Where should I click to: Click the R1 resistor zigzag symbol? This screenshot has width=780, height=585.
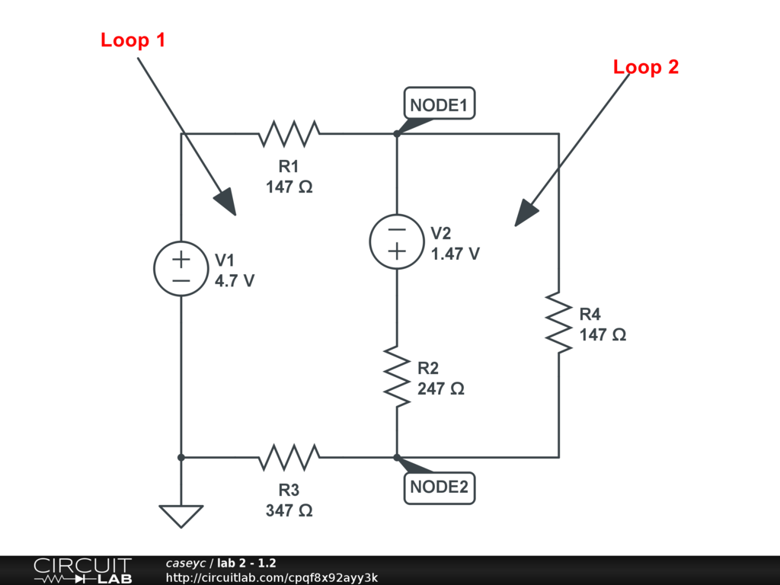[x=289, y=134]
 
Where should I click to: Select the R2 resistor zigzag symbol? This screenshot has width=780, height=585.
[x=397, y=375]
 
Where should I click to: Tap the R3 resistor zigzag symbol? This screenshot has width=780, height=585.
[x=289, y=458]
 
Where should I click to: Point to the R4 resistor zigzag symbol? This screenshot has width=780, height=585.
[x=559, y=320]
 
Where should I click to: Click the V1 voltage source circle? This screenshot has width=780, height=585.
[x=181, y=270]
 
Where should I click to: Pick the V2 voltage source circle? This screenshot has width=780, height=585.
[x=397, y=241]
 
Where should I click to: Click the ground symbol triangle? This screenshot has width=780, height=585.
[x=181, y=516]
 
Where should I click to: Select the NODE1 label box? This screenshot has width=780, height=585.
[x=439, y=105]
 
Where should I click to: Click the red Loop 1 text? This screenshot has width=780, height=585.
[x=133, y=40]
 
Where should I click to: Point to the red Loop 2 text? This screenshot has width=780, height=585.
[x=646, y=67]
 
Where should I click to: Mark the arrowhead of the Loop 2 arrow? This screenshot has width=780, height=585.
[x=525, y=214]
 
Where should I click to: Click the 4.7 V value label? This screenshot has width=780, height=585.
[x=235, y=280]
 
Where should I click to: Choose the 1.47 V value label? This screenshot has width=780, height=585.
[x=456, y=254]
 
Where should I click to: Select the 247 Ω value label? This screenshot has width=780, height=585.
[x=441, y=388]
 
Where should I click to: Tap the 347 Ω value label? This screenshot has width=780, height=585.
[x=289, y=510]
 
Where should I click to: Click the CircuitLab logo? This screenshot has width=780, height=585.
[x=82, y=570]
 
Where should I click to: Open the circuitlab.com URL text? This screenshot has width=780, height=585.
[x=272, y=577]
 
